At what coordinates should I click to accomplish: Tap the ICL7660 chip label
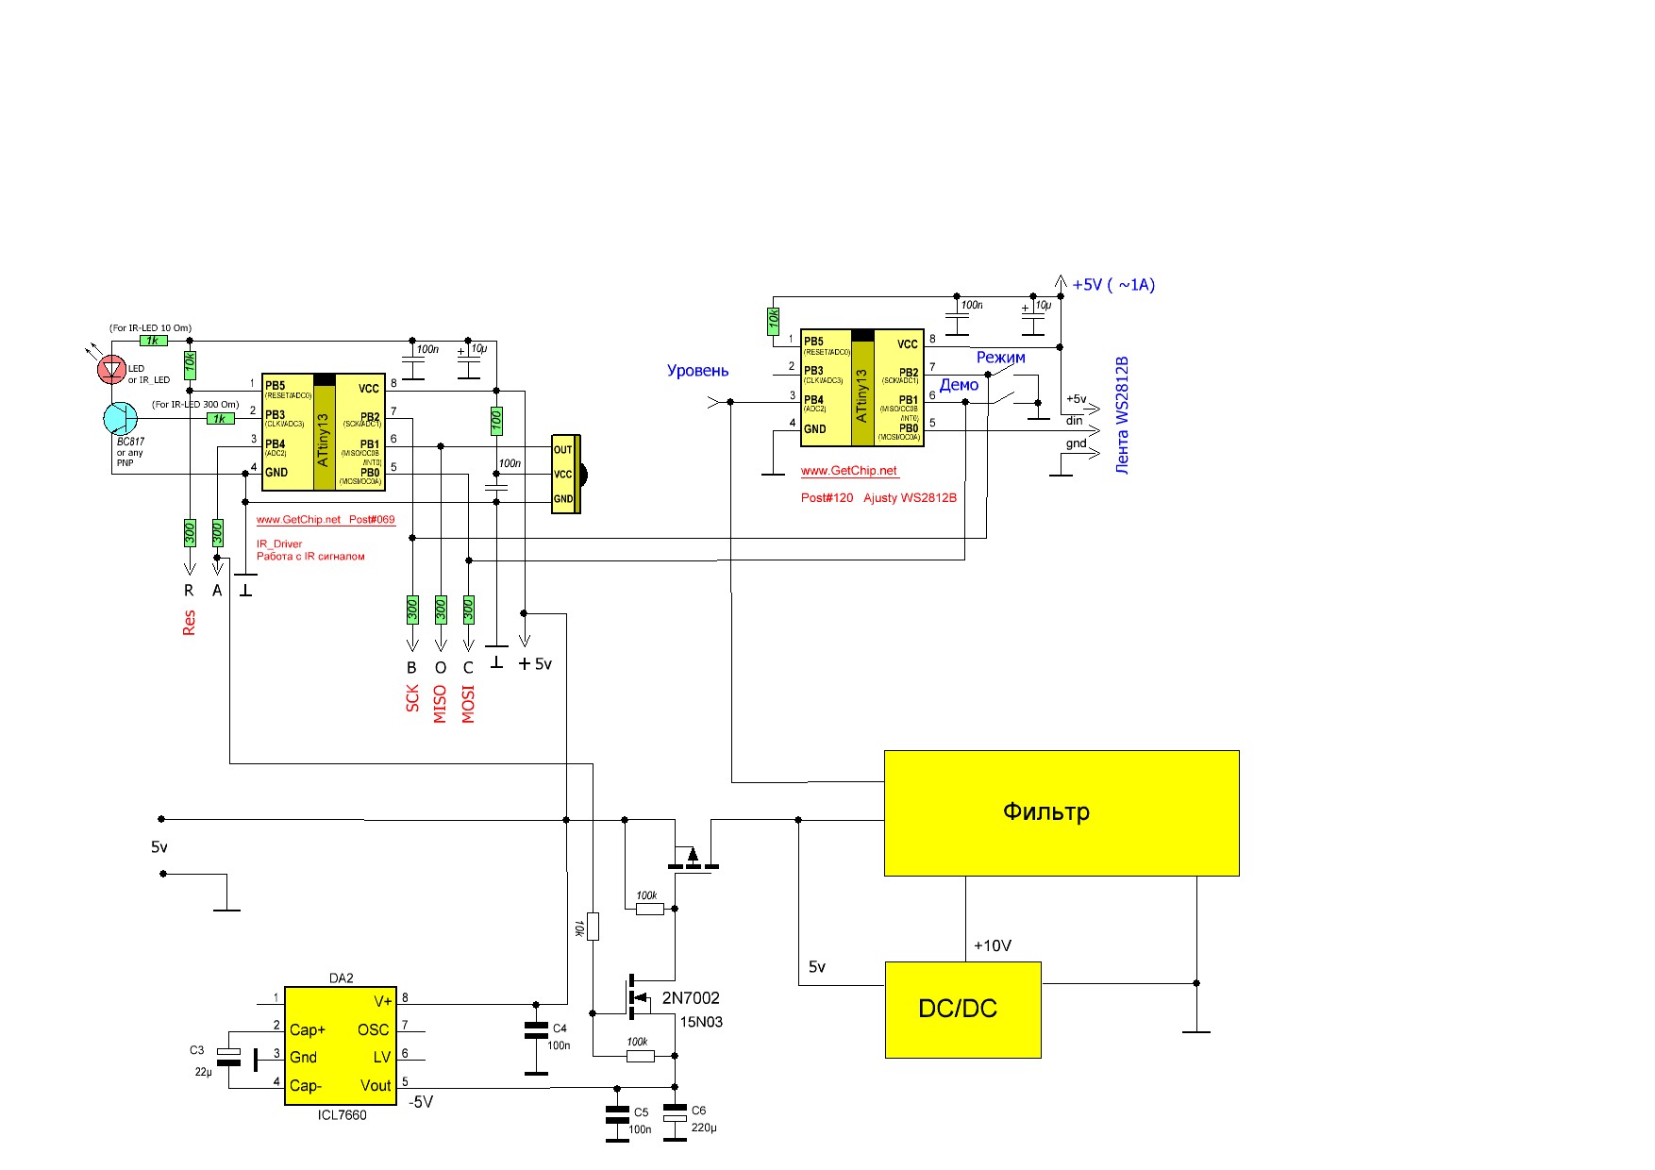point(342,1115)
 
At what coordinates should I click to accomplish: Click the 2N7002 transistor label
point(691,998)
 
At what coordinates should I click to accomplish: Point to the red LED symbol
point(112,369)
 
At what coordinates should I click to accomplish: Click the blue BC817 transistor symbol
point(120,418)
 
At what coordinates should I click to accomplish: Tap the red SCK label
point(412,698)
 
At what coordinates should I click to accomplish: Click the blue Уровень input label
point(697,371)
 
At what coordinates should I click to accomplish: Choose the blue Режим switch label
point(1000,358)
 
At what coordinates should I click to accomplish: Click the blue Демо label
point(959,385)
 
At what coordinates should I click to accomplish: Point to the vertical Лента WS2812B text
point(1122,415)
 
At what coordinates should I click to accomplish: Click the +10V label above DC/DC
point(993,946)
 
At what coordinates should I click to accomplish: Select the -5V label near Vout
point(421,1102)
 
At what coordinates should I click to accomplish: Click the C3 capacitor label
point(196,1050)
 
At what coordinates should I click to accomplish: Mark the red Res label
point(189,623)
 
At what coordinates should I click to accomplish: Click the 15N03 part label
point(701,1022)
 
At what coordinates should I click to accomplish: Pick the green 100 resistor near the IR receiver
point(496,421)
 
